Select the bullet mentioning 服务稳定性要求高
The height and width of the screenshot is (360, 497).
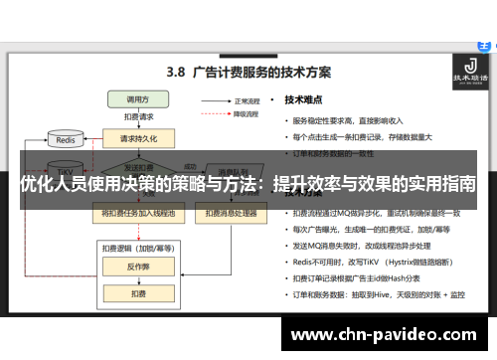click(354, 120)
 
